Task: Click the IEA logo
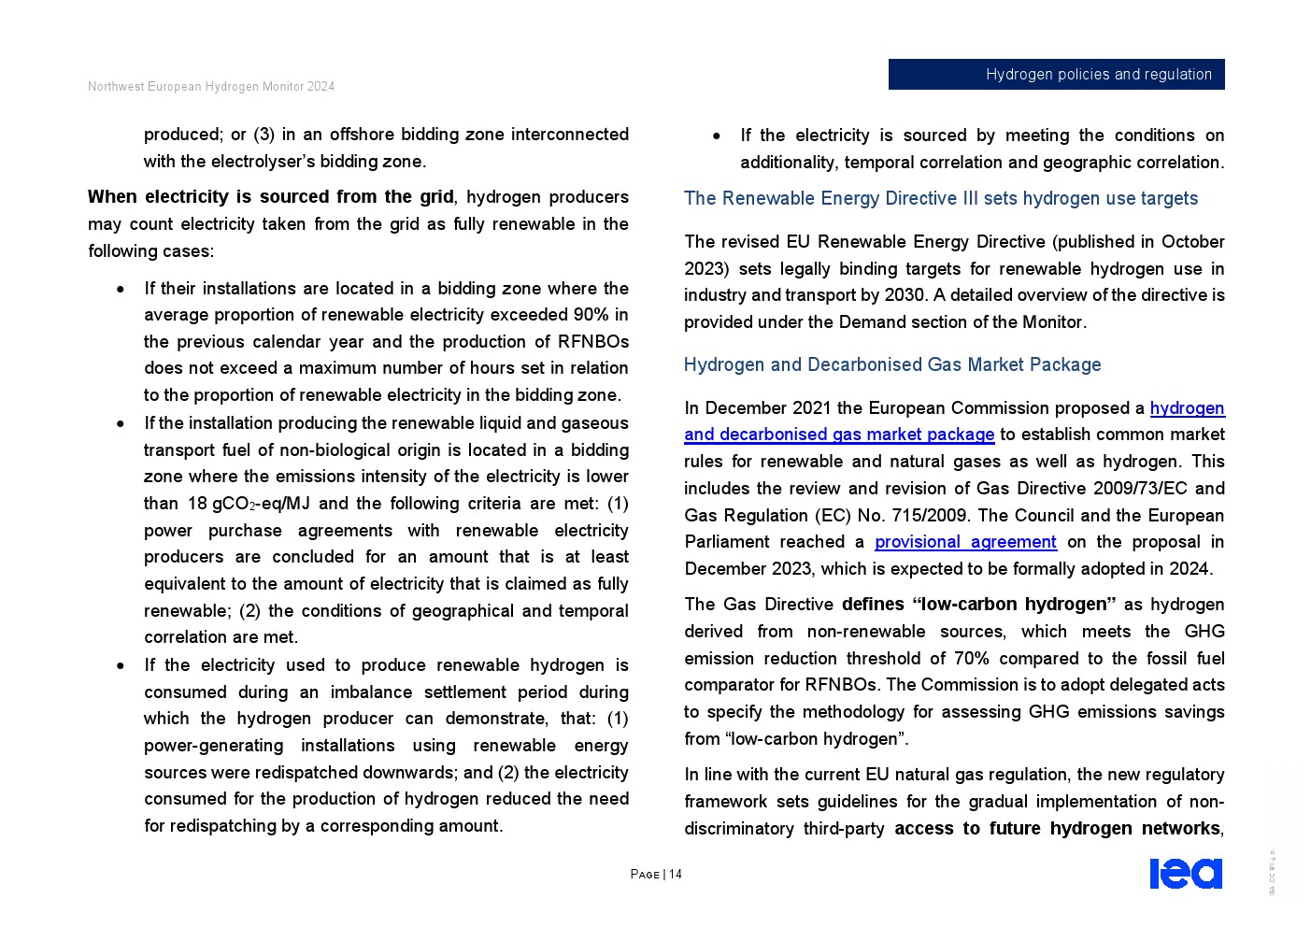(1185, 874)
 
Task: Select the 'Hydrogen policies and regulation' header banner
(1056, 75)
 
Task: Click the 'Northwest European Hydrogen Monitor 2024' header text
(211, 87)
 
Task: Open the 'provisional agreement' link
(965, 542)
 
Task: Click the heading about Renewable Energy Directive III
(940, 199)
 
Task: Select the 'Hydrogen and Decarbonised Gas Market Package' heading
(891, 365)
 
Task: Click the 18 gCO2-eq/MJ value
(248, 504)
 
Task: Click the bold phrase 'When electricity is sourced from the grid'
(271, 197)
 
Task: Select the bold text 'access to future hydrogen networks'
(1057, 829)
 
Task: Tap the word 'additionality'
(788, 163)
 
